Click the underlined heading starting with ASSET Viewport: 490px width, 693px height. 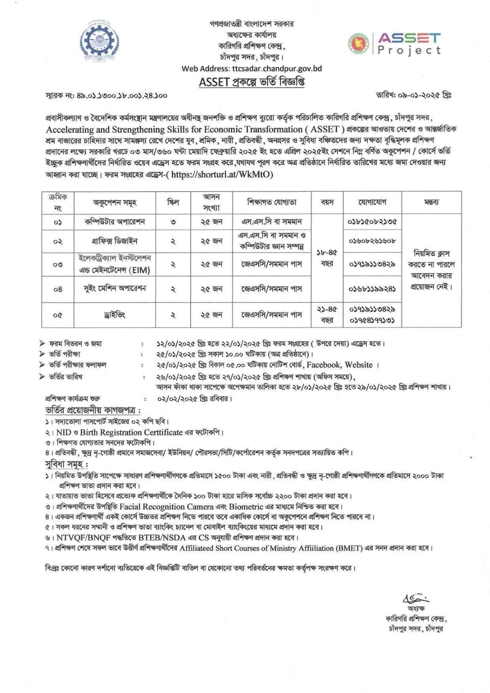point(251,82)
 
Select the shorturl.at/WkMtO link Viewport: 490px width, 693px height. point(222,175)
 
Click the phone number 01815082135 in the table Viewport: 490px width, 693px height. point(372,222)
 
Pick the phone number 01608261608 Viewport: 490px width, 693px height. point(372,241)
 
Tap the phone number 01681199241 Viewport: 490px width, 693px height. point(372,289)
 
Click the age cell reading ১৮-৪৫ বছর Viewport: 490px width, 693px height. point(327,258)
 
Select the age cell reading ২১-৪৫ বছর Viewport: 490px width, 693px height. point(327,315)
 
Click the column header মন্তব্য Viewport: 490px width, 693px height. point(431,202)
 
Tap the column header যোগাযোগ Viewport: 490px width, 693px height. point(372,202)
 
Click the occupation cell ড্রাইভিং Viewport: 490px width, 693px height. point(115,315)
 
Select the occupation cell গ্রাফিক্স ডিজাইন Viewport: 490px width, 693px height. point(115,241)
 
